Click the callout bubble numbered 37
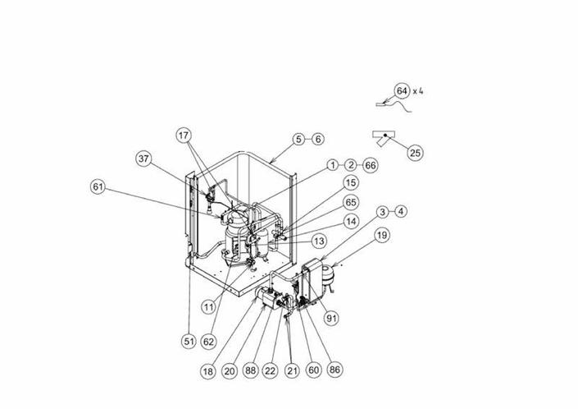(x=144, y=159)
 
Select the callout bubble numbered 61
(x=99, y=187)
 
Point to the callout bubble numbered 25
(x=416, y=152)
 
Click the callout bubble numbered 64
(x=402, y=90)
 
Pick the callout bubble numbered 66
(x=371, y=165)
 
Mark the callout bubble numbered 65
(x=351, y=202)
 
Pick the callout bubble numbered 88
(x=250, y=371)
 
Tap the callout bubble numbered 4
(x=401, y=211)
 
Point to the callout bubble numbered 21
(x=291, y=371)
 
